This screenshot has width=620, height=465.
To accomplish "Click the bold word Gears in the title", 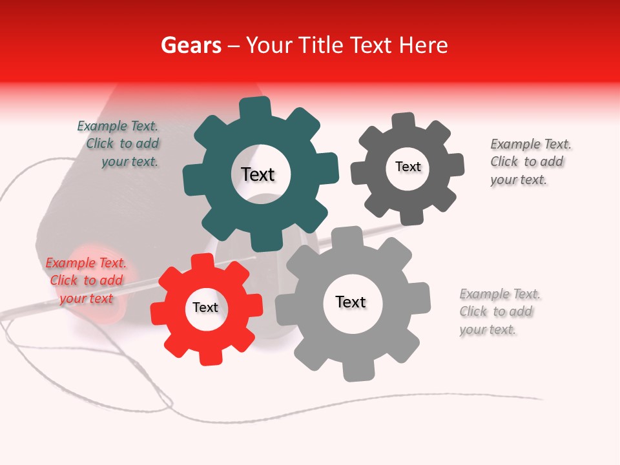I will pos(191,46).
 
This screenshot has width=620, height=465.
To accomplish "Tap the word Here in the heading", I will pos(423,46).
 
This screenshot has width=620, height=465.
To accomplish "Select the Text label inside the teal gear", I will pos(258,174).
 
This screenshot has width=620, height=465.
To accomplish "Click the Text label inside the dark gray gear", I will pos(408,167).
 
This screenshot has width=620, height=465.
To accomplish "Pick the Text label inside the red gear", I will pos(205,307).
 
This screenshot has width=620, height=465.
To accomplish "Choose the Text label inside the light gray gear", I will pos(351,302).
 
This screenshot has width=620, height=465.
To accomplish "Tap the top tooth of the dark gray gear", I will pos(404,121).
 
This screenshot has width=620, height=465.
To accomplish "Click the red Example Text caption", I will pos(85,280).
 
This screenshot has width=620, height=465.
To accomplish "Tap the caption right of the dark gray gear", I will pos(530,161).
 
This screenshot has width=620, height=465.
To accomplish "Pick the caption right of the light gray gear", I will pos(499,312).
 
